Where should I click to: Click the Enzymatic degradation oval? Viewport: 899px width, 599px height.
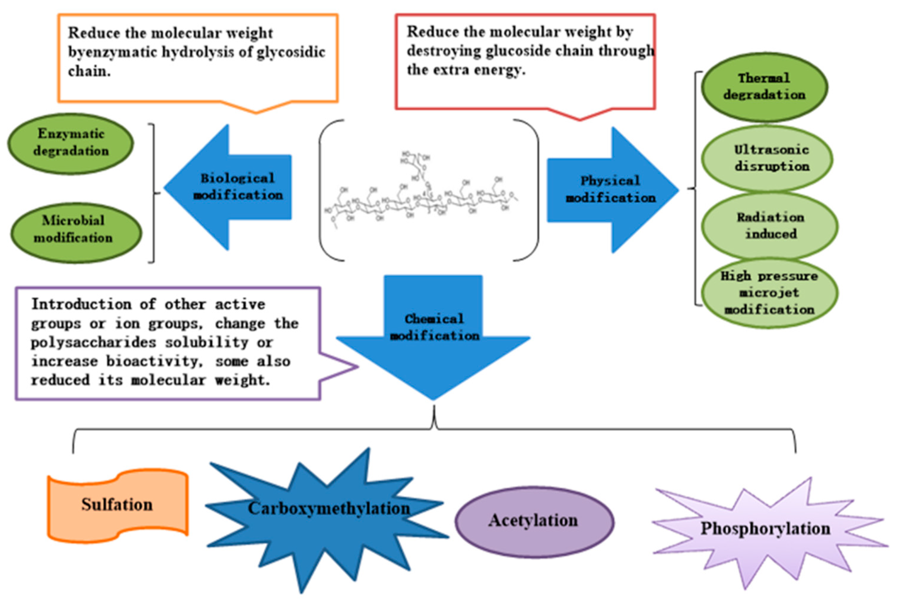[x=71, y=143]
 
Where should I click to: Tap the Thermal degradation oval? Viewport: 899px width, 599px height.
[x=764, y=87]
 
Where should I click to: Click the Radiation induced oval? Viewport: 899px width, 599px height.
[x=769, y=226]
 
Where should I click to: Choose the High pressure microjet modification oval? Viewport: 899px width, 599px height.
[x=769, y=293]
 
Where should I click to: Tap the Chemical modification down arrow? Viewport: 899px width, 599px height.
[x=433, y=336]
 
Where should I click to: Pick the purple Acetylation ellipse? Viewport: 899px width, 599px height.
[x=533, y=521]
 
